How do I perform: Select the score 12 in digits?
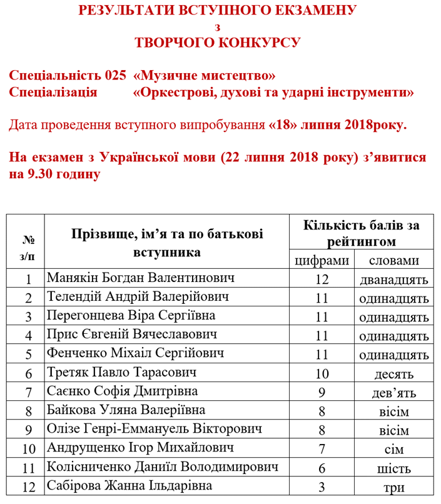click(x=322, y=280)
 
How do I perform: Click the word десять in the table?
click(x=394, y=375)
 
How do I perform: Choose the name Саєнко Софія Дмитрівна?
click(x=123, y=391)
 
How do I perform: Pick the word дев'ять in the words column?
click(x=394, y=393)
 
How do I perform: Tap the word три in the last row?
click(x=394, y=488)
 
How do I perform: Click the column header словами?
click(x=394, y=260)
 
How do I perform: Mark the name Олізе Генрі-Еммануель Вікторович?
click(x=154, y=429)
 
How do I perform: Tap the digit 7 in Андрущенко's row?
click(x=322, y=450)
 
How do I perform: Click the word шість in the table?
click(x=394, y=468)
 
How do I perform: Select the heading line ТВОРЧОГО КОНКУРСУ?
click(x=218, y=43)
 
